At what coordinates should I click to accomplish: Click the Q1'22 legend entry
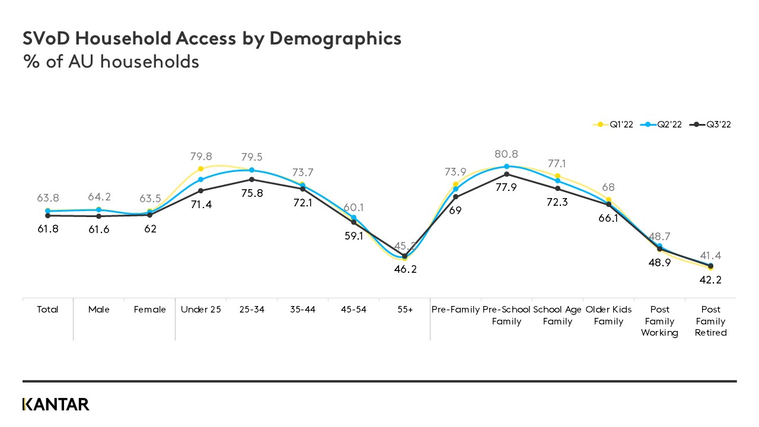(x=614, y=125)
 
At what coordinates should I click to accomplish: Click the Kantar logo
(x=56, y=404)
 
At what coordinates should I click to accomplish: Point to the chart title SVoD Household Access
(x=212, y=39)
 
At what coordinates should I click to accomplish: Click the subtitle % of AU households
(x=110, y=61)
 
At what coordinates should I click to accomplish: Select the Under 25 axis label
(x=200, y=310)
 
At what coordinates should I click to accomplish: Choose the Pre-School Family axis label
(x=506, y=316)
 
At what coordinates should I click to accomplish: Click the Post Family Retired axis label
(x=710, y=321)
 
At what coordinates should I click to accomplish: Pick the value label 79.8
(x=200, y=157)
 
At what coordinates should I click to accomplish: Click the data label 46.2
(x=404, y=269)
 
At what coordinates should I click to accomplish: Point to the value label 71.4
(x=200, y=204)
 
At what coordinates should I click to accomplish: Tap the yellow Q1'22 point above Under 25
(x=200, y=169)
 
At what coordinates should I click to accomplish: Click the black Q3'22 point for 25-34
(x=251, y=180)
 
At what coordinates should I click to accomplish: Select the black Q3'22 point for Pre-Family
(x=455, y=197)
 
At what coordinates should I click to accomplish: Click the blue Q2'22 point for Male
(x=98, y=209)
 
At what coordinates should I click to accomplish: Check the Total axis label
(x=47, y=310)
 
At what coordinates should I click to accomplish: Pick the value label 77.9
(x=506, y=187)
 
